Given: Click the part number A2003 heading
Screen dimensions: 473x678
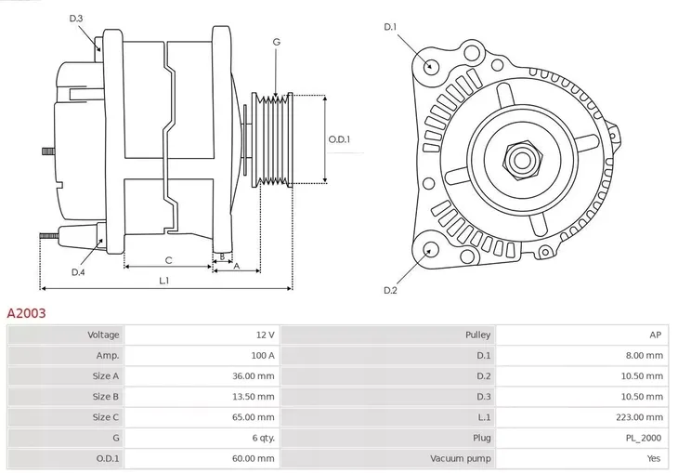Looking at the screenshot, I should [26, 314].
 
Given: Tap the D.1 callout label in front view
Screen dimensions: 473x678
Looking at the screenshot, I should [390, 27].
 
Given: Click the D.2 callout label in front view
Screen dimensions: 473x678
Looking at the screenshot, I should [390, 291].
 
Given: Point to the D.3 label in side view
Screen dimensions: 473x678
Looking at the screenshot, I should [76, 19].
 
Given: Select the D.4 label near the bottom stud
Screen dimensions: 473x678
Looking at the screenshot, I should [78, 271].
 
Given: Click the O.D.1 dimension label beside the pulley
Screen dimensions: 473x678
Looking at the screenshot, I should [339, 139].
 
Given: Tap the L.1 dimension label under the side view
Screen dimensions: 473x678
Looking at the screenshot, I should [163, 280].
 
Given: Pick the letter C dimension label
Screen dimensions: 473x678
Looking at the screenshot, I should [168, 260].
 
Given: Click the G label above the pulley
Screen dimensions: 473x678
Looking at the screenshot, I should [276, 42].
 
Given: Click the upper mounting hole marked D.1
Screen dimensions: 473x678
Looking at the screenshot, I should [430, 66].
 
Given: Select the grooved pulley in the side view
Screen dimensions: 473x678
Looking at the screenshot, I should [274, 139].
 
